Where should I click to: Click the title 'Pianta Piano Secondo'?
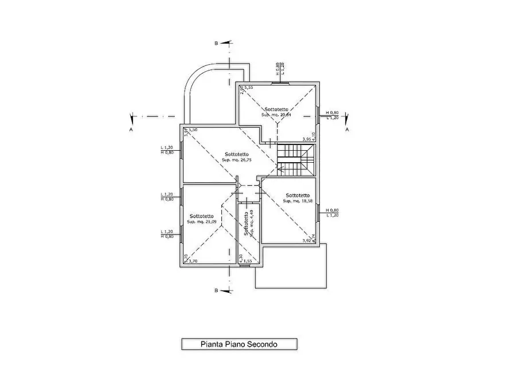click(x=239, y=344)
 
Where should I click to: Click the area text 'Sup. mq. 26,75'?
click(x=237, y=160)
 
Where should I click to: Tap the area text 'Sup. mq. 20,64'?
click(x=277, y=115)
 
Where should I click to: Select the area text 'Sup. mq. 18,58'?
click(x=298, y=201)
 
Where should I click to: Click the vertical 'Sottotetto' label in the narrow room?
click(x=245, y=224)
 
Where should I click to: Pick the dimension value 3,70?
click(x=193, y=261)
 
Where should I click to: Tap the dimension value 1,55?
click(x=247, y=261)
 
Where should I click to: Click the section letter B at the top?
click(x=216, y=43)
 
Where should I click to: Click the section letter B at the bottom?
click(x=216, y=291)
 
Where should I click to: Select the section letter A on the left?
click(x=131, y=130)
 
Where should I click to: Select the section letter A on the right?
click(x=347, y=130)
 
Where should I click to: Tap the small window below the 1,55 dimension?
click(x=245, y=265)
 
